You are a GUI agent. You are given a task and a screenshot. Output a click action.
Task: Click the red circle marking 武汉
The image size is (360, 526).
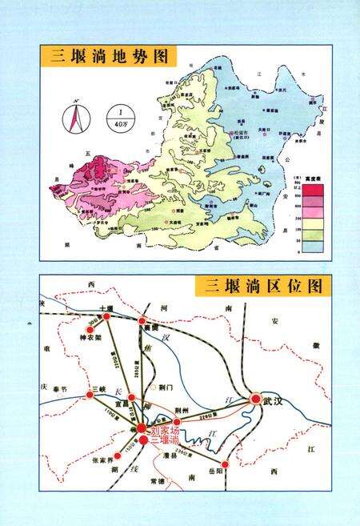(x=255, y=398)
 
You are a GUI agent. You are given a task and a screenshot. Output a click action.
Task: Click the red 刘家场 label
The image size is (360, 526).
(x=165, y=430)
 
